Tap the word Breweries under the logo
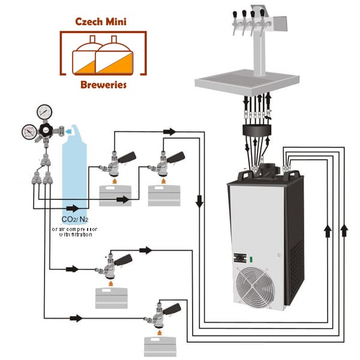coord(103,85)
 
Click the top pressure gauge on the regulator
coord(43,112)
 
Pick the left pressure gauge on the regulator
coord(28,131)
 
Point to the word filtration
coord(79,235)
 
